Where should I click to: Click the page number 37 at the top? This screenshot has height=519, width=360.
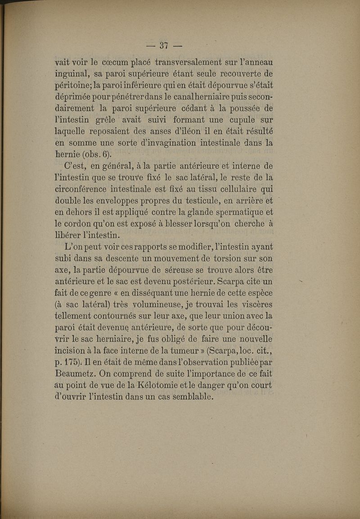click(x=164, y=45)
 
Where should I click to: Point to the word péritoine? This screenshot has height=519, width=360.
click(x=73, y=86)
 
